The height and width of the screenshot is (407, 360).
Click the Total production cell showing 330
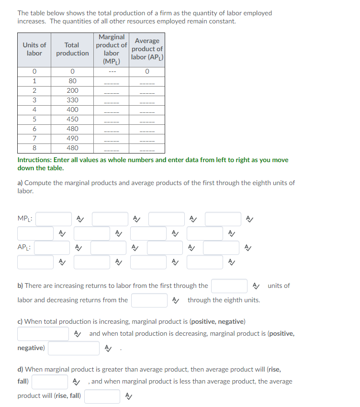point(72,100)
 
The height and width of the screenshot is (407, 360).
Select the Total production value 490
point(72,138)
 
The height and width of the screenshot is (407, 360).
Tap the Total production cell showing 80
point(72,81)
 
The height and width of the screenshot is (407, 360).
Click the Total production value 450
point(72,119)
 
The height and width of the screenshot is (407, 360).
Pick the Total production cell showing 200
point(72,90)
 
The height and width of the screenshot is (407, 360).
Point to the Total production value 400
point(72,110)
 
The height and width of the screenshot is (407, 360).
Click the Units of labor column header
point(34,49)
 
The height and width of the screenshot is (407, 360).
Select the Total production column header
point(72,49)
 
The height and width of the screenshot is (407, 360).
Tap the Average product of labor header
point(147,49)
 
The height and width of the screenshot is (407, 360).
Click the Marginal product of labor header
point(111,49)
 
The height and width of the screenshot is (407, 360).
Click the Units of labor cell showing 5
point(34,119)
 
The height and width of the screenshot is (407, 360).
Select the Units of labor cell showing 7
point(34,138)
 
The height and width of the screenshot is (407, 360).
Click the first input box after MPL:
point(54,219)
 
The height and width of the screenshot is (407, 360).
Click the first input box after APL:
point(52,248)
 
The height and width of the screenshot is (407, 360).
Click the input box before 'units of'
point(229,286)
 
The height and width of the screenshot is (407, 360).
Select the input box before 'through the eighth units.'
point(149,300)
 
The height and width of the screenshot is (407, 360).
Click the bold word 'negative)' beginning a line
point(31,348)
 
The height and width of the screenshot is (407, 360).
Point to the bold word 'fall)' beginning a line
point(23,382)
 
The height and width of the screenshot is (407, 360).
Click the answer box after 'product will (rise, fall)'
point(102,396)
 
